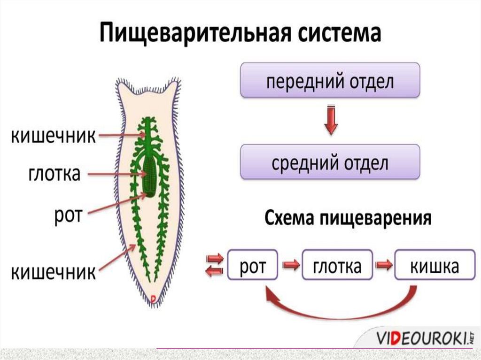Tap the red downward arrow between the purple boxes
point(331,122)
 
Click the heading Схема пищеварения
point(348,219)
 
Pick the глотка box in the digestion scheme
point(337,266)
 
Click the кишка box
point(427,266)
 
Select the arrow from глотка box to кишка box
point(384,266)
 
